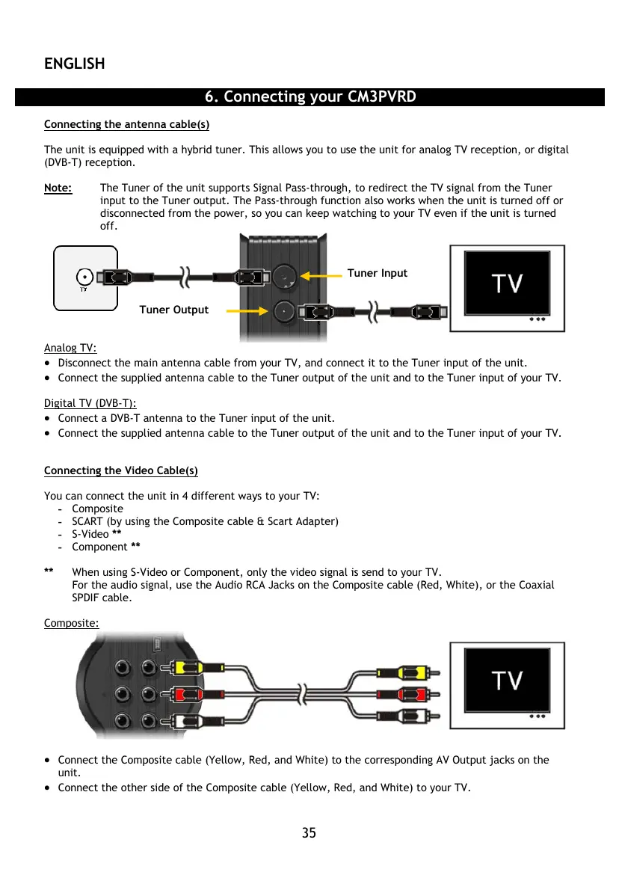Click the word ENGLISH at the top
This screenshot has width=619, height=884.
click(x=74, y=64)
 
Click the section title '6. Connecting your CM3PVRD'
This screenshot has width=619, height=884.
click(x=309, y=97)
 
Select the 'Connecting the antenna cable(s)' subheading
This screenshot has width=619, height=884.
click(x=126, y=124)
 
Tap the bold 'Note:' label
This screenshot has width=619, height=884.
click(x=58, y=188)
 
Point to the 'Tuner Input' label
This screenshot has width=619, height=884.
click(x=378, y=273)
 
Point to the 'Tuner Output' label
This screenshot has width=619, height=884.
click(x=173, y=310)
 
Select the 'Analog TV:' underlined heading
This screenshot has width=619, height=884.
click(x=70, y=348)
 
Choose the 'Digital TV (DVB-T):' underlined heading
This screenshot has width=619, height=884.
click(x=90, y=404)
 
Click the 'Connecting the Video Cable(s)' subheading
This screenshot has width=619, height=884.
click(x=120, y=470)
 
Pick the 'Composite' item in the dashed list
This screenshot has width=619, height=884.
click(x=97, y=509)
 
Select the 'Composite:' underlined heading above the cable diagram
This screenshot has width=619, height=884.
click(x=71, y=623)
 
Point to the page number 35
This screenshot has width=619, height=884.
click(x=309, y=832)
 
